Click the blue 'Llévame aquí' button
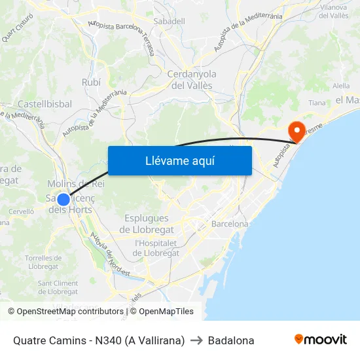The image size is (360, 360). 179,160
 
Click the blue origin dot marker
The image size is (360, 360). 63,200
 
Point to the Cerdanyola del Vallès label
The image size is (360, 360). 191,80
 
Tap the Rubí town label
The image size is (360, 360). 91,82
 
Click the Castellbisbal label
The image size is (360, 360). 45,104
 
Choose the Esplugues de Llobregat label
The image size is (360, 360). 147,224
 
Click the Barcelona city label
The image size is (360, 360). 230,224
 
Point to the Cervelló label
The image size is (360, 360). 21,211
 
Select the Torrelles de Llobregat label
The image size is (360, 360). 42,262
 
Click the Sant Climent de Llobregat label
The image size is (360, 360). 58,287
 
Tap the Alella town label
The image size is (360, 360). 341,86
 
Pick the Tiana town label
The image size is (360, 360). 317,103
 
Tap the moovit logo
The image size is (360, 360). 321,340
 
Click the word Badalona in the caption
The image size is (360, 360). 231,340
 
